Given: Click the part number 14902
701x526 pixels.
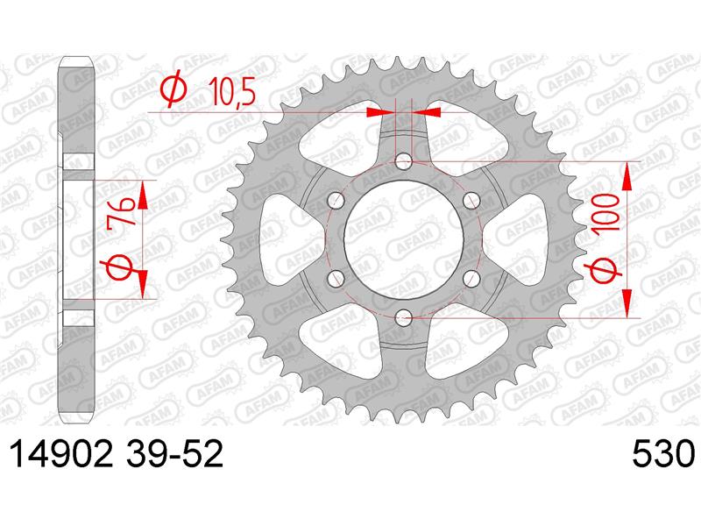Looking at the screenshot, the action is tap(60, 454).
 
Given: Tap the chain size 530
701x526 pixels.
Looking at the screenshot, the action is tap(664, 454).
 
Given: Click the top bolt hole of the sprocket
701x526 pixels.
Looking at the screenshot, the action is tap(404, 161).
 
